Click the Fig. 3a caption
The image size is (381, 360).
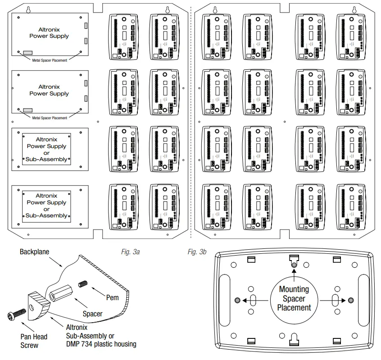pos(131,252)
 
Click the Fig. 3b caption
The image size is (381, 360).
pos(197,252)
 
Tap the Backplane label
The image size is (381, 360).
pos(34,252)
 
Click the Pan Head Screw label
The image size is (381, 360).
pos(34,341)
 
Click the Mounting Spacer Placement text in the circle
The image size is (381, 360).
pos(294,298)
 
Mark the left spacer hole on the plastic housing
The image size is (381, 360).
pos(237,300)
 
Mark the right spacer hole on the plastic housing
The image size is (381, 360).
pos(351,300)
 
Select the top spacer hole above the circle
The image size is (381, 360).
pos(294,265)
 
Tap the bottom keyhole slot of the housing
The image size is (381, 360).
pos(294,337)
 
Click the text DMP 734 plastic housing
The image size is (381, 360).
pos(101,344)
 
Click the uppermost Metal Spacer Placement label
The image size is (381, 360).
pos(49,60)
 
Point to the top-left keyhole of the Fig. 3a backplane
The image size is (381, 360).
pos(28,9)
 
